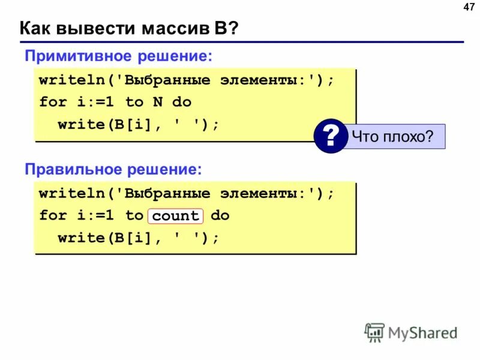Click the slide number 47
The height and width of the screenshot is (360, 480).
469,7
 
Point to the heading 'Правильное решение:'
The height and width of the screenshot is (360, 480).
113,170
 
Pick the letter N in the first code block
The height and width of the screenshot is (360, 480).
157,102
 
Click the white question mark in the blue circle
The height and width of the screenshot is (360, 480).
330,137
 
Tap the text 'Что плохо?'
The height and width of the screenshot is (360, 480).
392,137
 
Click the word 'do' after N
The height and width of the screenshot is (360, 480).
182,102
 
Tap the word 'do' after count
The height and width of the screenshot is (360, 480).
220,215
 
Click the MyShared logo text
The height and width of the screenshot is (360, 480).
422,332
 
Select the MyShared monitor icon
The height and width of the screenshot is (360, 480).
374,332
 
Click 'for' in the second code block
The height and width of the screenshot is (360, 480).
53,215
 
